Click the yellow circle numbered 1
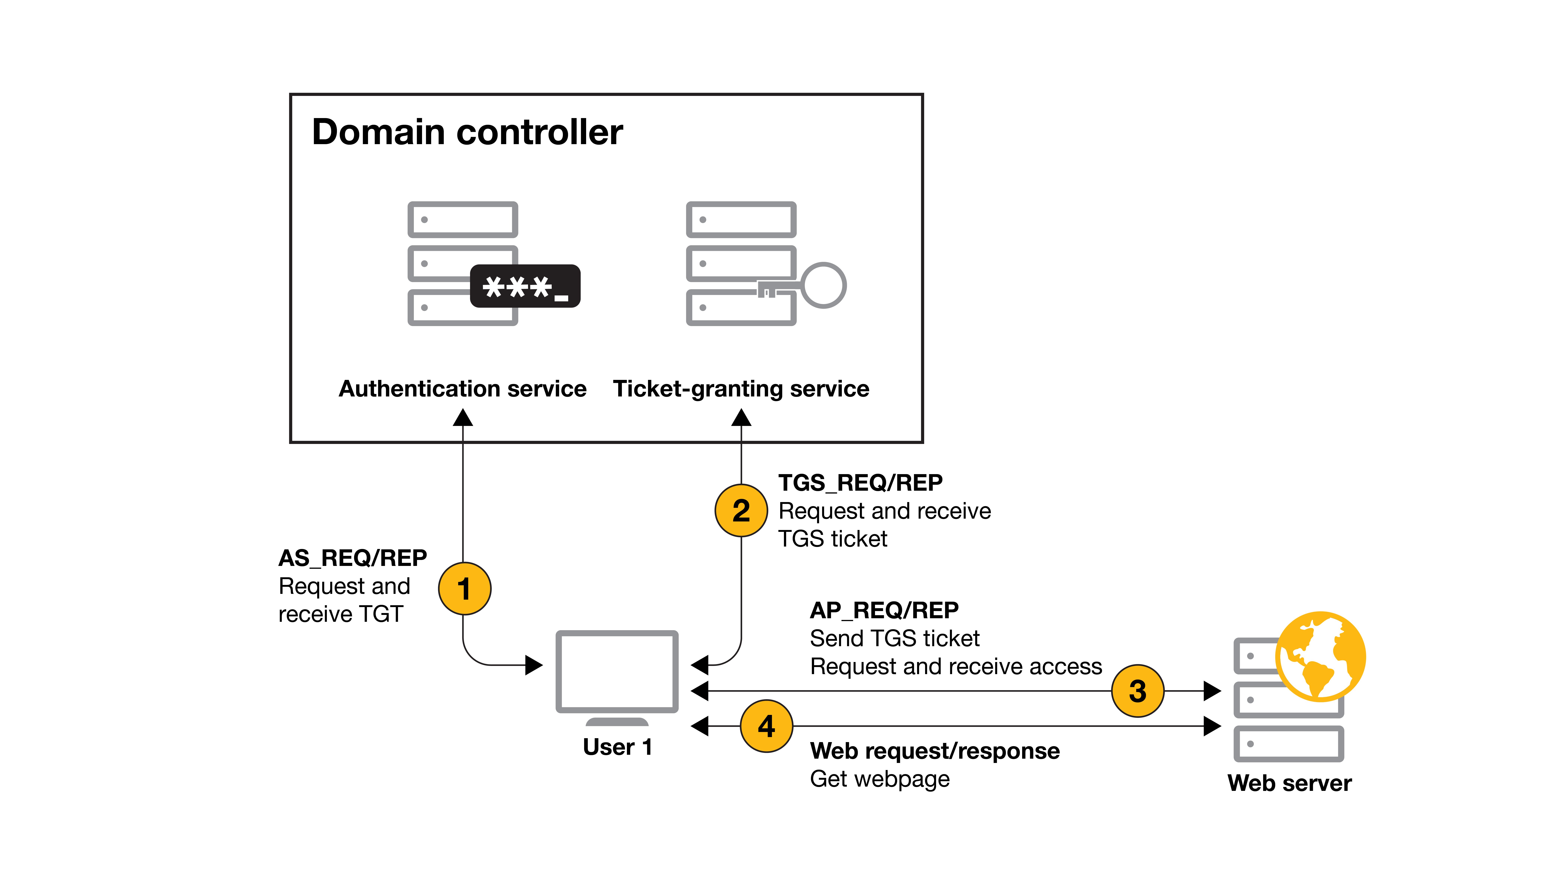(x=464, y=589)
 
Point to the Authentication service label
(x=462, y=389)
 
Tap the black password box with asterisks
(x=525, y=286)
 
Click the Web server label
(x=1289, y=783)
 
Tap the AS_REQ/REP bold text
(x=352, y=558)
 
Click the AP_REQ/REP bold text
(x=884, y=610)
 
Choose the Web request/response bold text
(x=934, y=751)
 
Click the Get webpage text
(x=880, y=779)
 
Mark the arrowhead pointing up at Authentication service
(x=463, y=418)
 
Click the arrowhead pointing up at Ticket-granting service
(x=741, y=418)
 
